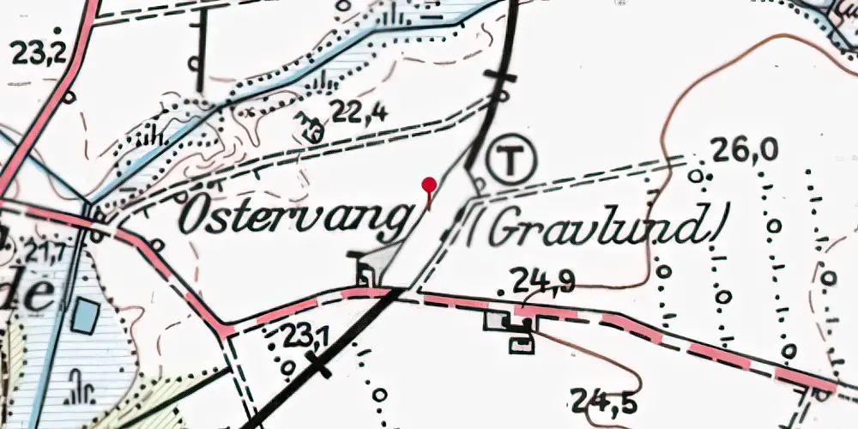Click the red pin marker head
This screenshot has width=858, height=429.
pyautogui.click(x=429, y=184)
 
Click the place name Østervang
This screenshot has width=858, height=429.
pyautogui.click(x=292, y=219)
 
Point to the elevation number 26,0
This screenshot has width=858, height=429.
pyautogui.click(x=745, y=151)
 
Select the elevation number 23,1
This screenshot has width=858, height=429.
pyautogui.click(x=308, y=337)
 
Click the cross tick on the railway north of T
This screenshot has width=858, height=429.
pyautogui.click(x=501, y=77)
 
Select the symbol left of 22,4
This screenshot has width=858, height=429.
pyautogui.click(x=309, y=126)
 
